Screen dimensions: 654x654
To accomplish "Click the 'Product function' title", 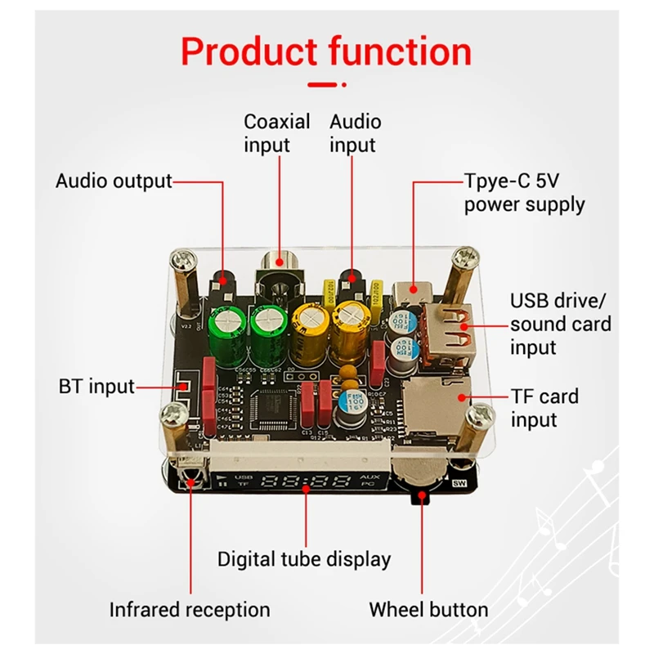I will coord(326,51).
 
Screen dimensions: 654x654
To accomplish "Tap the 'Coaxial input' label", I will coord(277,133).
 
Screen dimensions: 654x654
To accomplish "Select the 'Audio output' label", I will coord(114,181).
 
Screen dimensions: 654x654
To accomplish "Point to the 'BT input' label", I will coord(96,386).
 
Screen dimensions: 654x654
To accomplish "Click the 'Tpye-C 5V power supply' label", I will coord(524,191).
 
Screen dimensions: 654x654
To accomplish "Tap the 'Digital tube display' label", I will coord(304,559).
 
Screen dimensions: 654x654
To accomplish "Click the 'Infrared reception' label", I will coord(190,609).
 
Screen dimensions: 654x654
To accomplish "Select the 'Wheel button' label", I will coord(428,609).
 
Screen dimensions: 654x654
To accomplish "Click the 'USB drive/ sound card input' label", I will coord(561,323).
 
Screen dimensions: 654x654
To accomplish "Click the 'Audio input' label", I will coord(355,133).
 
